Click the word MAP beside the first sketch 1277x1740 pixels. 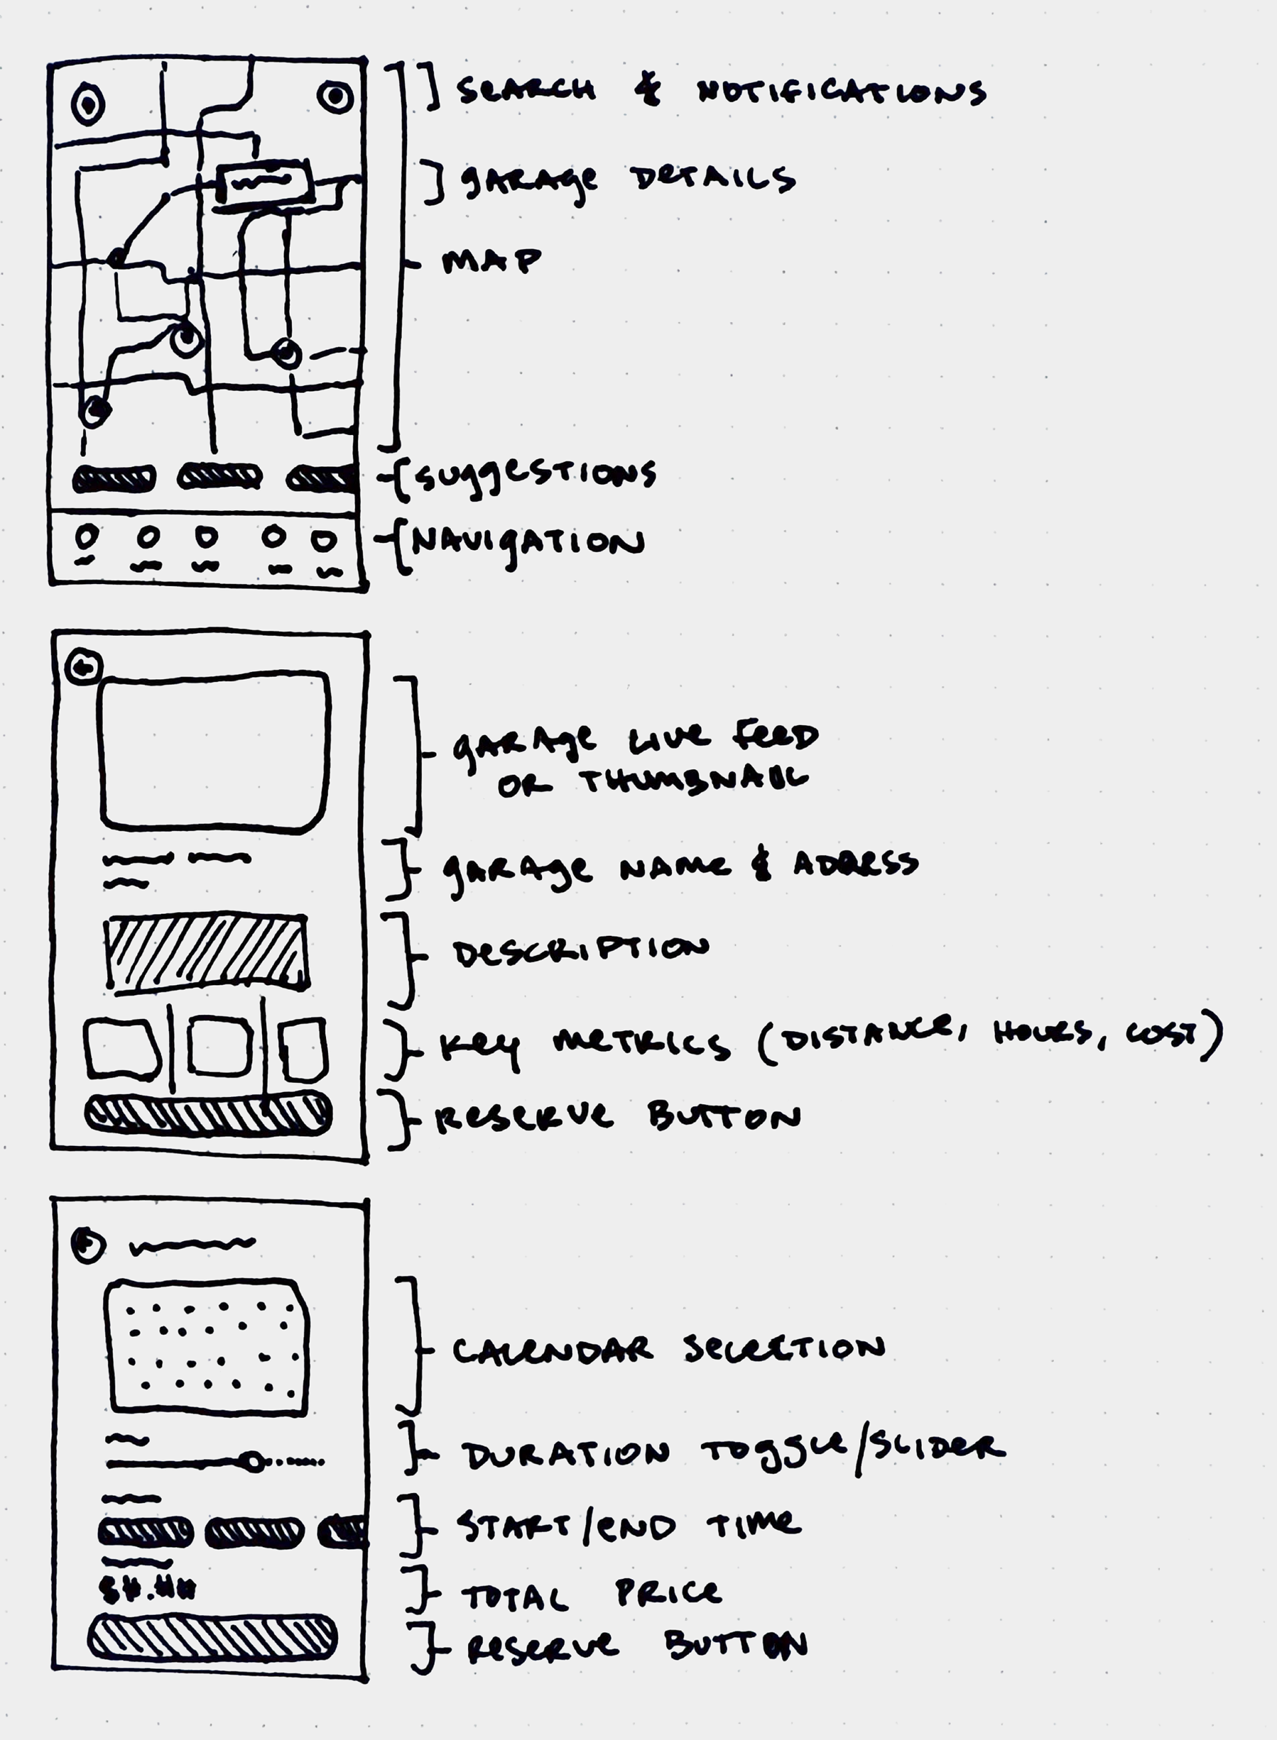click(x=491, y=261)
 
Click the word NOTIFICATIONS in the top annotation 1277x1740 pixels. click(x=841, y=92)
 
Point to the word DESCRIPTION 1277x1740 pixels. click(x=581, y=952)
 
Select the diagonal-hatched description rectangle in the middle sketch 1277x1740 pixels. click(x=206, y=952)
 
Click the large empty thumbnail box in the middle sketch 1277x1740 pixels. click(x=214, y=752)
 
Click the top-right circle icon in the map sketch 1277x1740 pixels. click(x=335, y=97)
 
